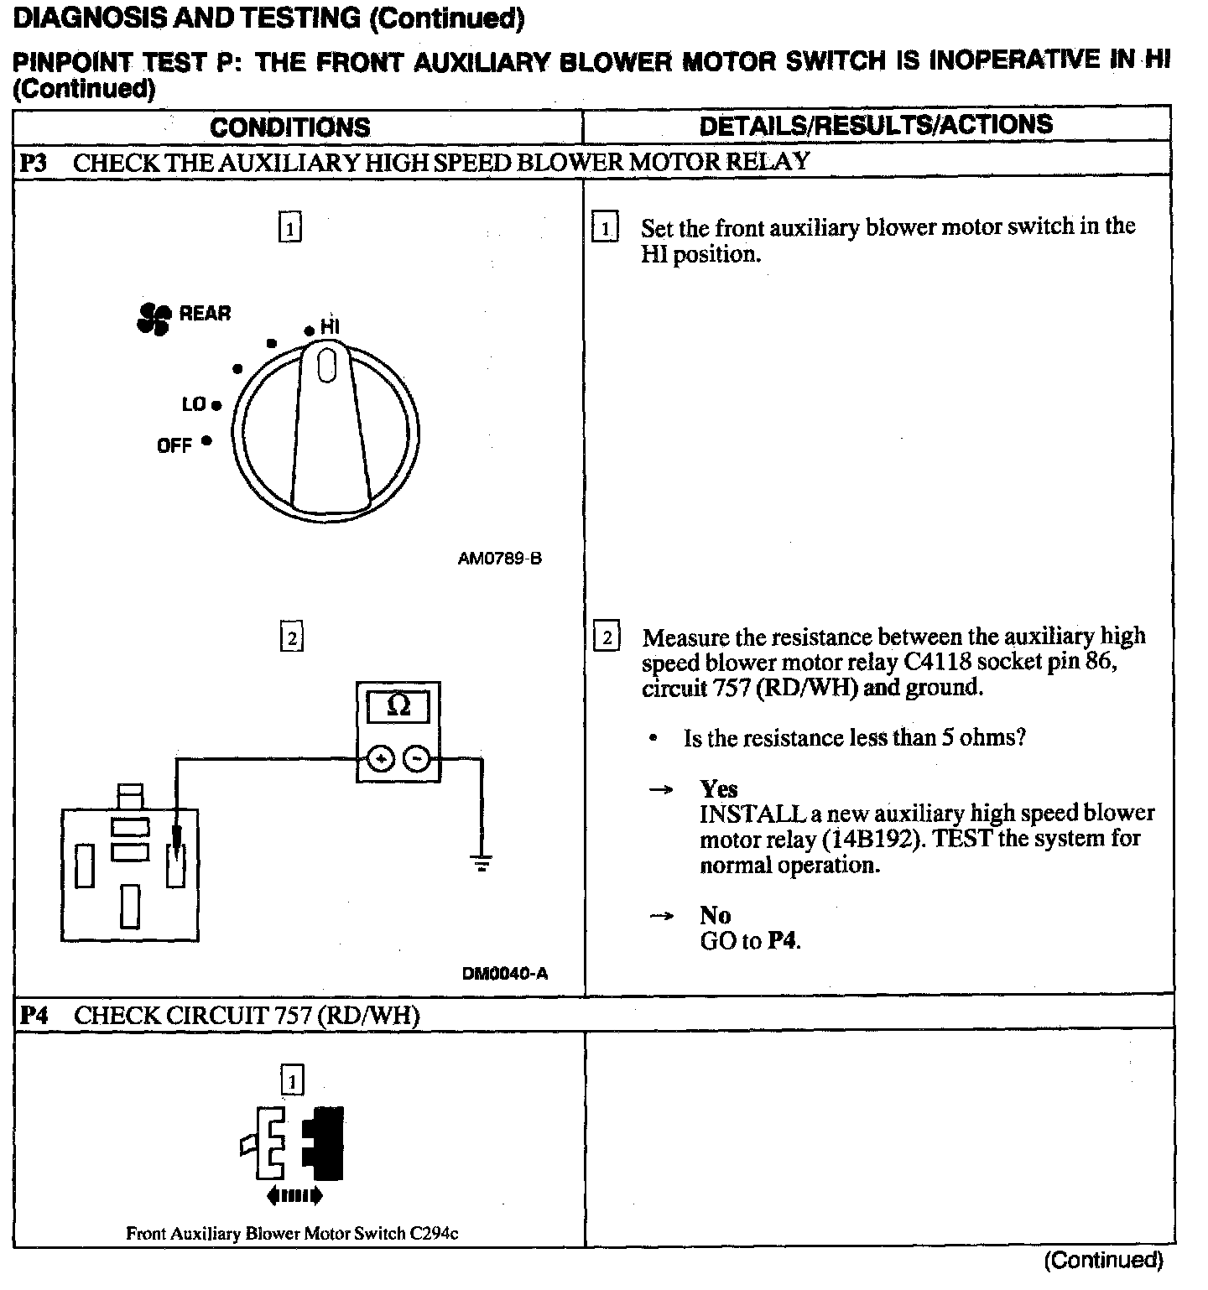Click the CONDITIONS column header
pos(289,127)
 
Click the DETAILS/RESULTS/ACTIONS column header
pos(875,125)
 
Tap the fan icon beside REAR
pos(153,318)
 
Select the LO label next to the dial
pos(194,404)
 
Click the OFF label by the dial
pos(174,445)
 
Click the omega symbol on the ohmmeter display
pos(399,705)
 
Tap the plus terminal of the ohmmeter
pos(381,760)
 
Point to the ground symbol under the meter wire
pos(482,861)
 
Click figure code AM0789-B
pos(500,559)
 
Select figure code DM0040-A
pos(505,974)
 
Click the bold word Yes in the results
pos(719,788)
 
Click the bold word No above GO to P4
pos(715,915)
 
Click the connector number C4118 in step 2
pos(937,662)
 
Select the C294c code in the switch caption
pos(434,1234)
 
